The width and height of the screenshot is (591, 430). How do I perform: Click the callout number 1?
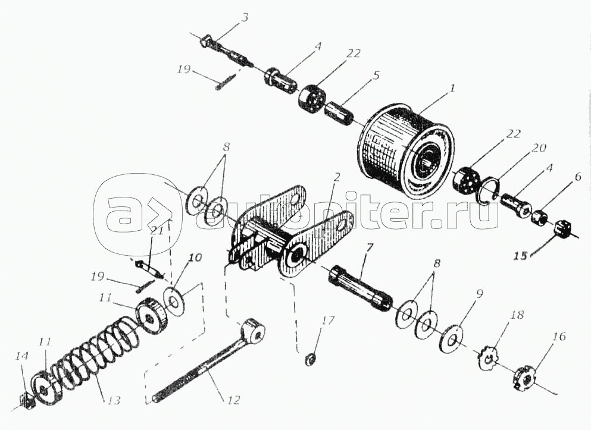(x=452, y=88)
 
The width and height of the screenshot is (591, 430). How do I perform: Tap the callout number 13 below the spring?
(x=113, y=400)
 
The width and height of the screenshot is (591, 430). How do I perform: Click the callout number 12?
(x=234, y=399)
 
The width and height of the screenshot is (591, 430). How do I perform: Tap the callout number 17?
(x=329, y=321)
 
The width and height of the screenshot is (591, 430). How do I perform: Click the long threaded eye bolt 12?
(x=209, y=361)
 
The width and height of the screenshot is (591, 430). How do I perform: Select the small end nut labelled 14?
(x=26, y=400)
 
